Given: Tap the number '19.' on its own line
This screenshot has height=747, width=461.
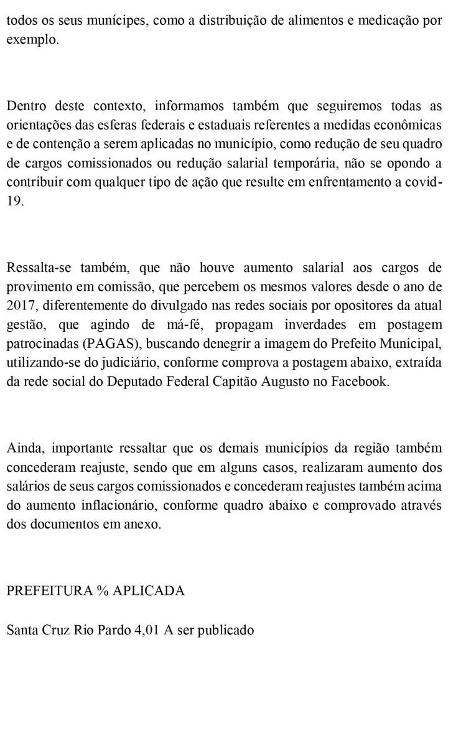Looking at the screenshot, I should point(15,202).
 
